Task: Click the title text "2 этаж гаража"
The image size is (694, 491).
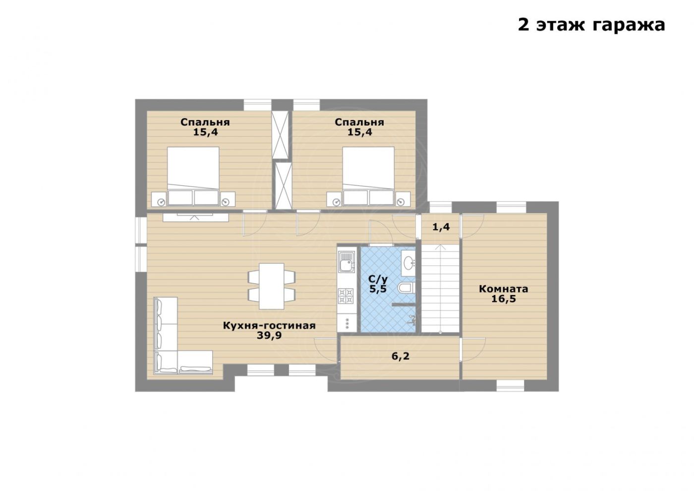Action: pos(591,25)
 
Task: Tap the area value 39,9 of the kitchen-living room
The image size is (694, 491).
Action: pos(269,335)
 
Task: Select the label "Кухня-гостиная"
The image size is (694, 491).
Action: pos(269,325)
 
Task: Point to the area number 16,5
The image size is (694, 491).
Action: pos(504,299)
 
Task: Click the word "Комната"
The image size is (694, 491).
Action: pos(504,289)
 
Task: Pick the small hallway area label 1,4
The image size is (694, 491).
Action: pos(441,227)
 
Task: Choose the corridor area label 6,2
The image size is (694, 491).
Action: pos(401,356)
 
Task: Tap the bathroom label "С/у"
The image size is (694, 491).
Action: pos(378,279)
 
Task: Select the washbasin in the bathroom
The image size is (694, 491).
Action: pos(408,263)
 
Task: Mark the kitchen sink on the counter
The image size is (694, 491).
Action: pos(347,261)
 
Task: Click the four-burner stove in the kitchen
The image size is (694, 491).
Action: pos(346,296)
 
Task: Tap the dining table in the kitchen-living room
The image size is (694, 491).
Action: pos(272,286)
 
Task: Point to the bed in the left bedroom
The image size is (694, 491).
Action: pos(193,176)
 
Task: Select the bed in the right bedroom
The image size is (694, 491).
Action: pos(368,176)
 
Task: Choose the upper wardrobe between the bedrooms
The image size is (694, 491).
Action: pos(280,135)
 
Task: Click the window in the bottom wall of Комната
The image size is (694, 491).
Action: pos(510,385)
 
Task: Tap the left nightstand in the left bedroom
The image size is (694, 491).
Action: pos(159,199)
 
